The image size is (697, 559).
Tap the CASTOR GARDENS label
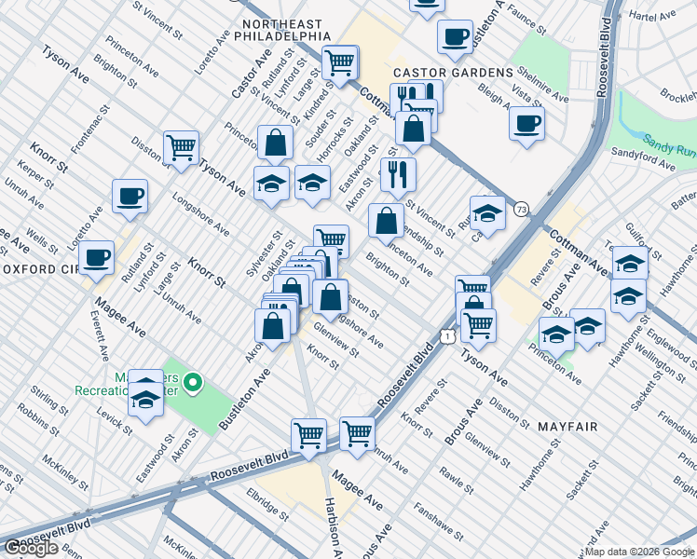tap(453, 72)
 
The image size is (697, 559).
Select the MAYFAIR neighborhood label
tap(567, 426)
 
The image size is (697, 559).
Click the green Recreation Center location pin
tap(193, 381)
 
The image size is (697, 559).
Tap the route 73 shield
tap(521, 211)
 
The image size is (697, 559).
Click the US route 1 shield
tap(449, 334)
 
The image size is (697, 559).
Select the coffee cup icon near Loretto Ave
tap(130, 197)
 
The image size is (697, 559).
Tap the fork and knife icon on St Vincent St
tap(398, 173)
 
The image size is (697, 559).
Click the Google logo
tap(31, 548)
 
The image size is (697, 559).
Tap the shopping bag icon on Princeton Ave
tap(386, 222)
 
